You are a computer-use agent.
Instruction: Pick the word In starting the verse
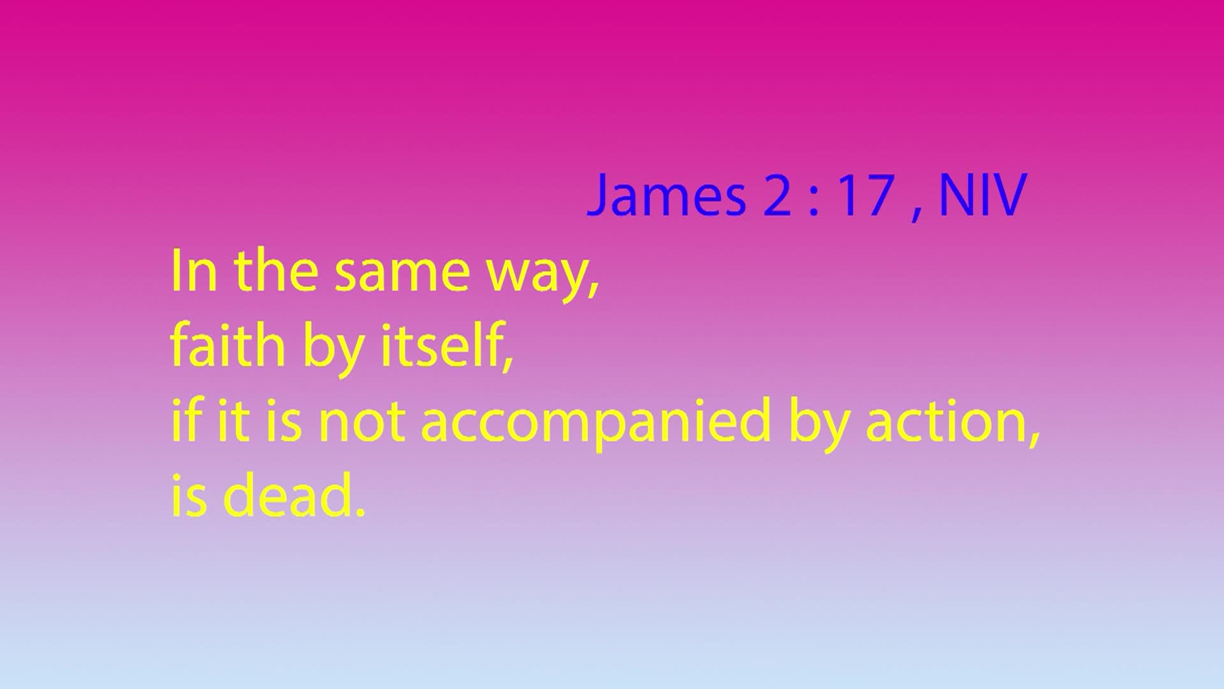(194, 271)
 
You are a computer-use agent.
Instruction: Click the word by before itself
(333, 351)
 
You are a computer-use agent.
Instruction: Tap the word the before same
(276, 271)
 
